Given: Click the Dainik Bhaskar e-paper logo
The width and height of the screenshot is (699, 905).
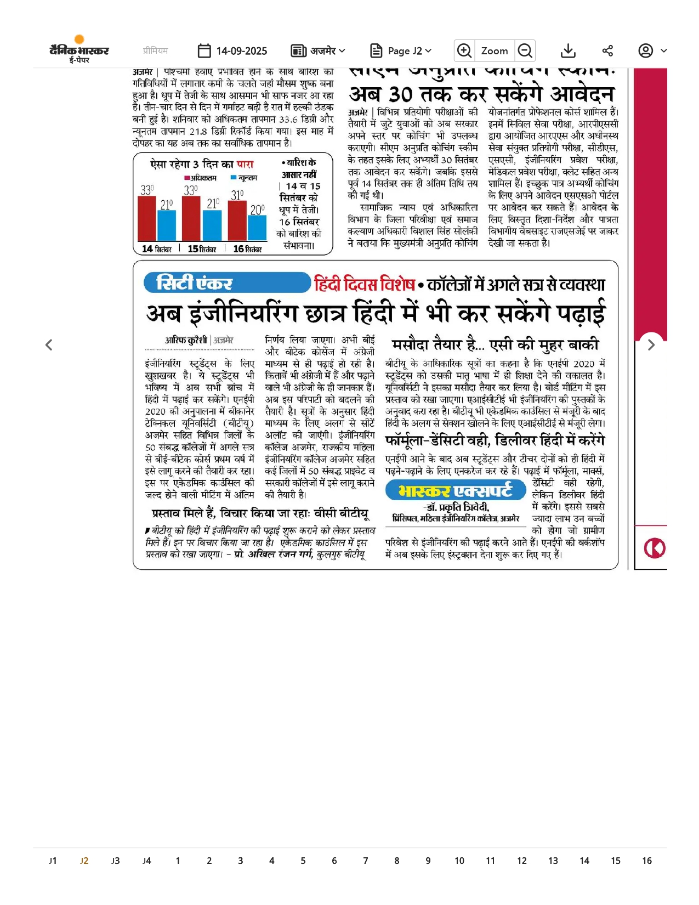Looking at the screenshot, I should (x=79, y=50).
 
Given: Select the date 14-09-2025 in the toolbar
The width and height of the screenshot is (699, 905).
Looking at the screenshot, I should (x=232, y=51).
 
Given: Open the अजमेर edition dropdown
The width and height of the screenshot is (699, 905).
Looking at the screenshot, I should (x=318, y=51).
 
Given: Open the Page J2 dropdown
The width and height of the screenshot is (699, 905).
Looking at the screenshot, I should (x=401, y=51).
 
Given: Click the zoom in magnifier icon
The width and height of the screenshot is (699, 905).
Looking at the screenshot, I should (x=464, y=51).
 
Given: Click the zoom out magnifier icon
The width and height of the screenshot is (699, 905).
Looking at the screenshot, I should (x=525, y=51).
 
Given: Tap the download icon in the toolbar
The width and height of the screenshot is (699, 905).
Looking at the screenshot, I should (x=569, y=51).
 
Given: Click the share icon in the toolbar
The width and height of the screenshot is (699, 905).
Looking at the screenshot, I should (x=607, y=51).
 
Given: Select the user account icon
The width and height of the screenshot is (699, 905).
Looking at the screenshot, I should (x=646, y=51).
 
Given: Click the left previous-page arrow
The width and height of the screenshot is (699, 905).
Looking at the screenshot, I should (x=49, y=344).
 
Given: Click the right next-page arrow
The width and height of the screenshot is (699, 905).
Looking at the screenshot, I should (x=651, y=344).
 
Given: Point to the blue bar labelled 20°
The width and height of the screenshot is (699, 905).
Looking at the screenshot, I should (x=257, y=228).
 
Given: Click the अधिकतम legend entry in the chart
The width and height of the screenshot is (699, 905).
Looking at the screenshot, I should (x=201, y=178).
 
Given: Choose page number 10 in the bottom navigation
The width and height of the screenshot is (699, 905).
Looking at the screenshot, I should (x=459, y=861).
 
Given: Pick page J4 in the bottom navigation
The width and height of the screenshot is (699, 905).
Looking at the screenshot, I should (x=146, y=861).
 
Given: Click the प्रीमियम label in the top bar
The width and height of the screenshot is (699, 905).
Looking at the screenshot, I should (x=155, y=50).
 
